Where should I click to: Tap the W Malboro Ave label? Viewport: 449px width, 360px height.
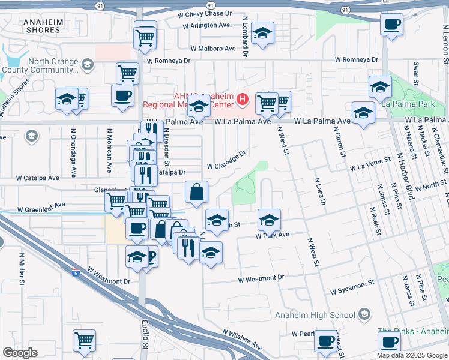(x=213, y=48)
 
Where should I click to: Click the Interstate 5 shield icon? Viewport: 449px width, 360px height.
(x=75, y=274)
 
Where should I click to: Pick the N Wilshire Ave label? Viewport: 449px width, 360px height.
(x=242, y=338)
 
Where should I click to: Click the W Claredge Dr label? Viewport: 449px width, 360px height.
(x=226, y=161)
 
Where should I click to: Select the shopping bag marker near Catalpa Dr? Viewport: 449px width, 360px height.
(x=196, y=193)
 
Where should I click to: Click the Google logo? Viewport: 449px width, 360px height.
(x=20, y=353)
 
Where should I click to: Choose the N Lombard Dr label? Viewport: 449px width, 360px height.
(x=245, y=37)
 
